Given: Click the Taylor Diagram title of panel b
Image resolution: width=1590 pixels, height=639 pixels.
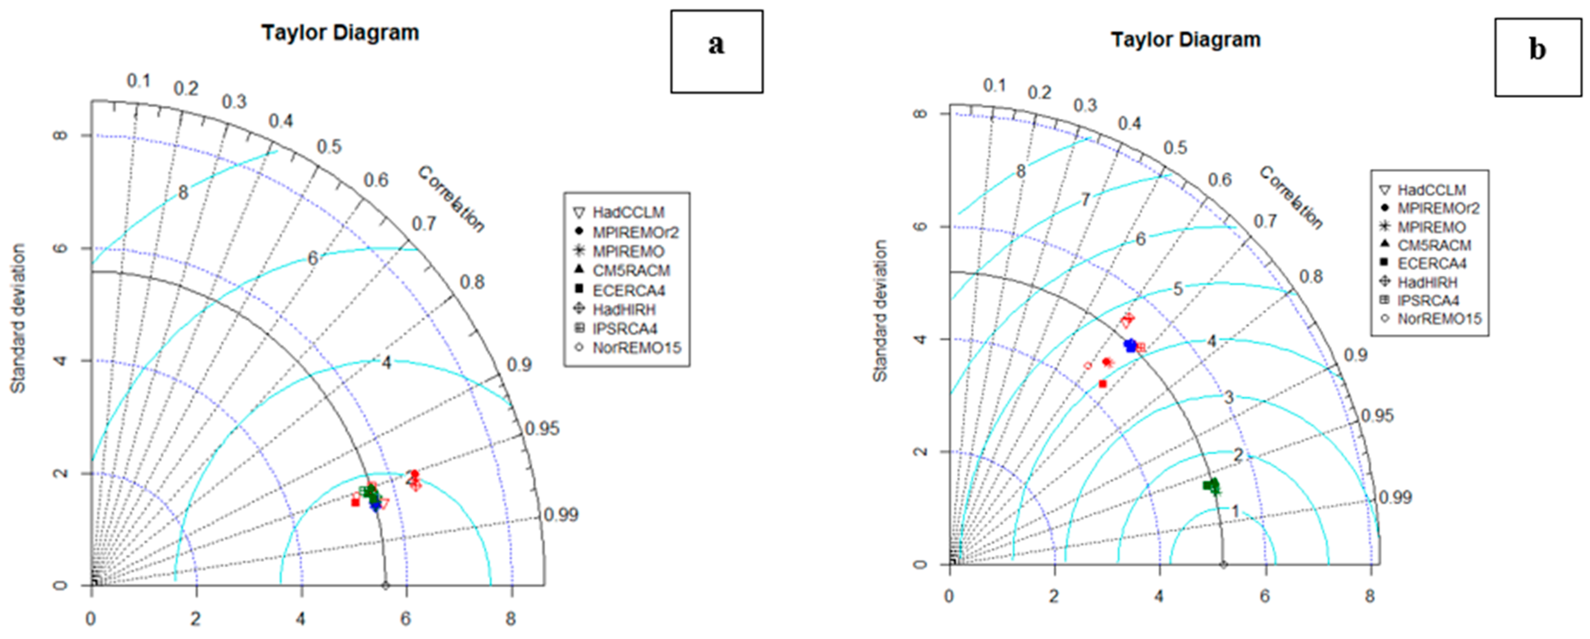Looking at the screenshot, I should (1186, 39).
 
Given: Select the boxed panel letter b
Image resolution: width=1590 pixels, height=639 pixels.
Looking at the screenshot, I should (1537, 50).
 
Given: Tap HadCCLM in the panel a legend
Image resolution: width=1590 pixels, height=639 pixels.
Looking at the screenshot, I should (629, 212).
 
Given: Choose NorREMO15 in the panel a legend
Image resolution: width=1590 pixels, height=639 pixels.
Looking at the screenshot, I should (636, 348).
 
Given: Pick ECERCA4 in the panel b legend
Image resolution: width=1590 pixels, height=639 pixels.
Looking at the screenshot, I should (1431, 264).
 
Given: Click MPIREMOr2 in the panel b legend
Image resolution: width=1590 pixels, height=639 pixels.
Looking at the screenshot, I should (1438, 209).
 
